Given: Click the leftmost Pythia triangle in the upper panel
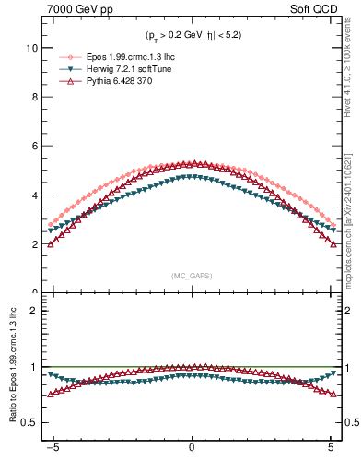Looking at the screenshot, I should point(50,243).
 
